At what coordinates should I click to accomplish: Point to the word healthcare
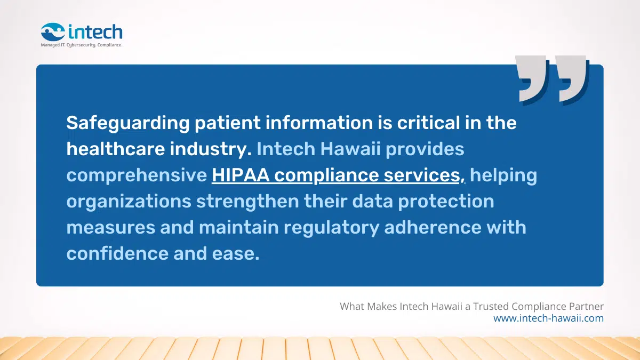[115, 149]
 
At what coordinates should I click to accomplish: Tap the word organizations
[127, 202]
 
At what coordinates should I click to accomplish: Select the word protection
[446, 202]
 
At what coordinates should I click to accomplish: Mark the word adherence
[430, 228]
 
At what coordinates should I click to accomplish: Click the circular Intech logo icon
[53, 32]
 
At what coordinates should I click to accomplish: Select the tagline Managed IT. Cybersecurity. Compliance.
[82, 45]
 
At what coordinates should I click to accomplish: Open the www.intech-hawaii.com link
[548, 318]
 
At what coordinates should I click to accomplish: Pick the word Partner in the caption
[587, 307]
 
